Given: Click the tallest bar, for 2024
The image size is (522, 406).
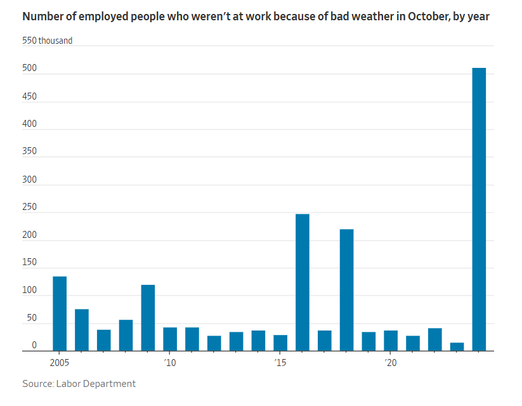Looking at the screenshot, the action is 479,209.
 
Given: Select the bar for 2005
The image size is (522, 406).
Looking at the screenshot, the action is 60,313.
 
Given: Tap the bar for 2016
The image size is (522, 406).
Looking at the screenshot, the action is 303,282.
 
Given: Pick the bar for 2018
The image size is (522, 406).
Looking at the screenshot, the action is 346,290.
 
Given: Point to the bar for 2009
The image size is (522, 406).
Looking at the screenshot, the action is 148,318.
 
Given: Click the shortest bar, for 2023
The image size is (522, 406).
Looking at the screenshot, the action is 457,347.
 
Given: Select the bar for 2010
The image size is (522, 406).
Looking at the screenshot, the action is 170,339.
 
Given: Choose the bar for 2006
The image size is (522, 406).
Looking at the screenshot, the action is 82,330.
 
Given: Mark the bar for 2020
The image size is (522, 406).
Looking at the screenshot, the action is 391,341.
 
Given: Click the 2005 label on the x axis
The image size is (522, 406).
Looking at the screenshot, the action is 59,362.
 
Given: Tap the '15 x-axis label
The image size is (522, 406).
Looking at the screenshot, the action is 280,362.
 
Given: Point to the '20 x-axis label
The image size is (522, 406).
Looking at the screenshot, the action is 391,362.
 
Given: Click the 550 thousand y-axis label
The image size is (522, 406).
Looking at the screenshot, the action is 48,41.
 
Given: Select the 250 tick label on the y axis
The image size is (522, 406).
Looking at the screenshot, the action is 29,207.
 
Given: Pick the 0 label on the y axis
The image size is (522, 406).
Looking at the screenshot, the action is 34,345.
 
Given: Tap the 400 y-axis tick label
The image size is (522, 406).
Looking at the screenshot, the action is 29,124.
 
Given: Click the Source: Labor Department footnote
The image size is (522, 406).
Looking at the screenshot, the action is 79,384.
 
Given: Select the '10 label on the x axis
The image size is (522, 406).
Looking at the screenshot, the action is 170,362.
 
